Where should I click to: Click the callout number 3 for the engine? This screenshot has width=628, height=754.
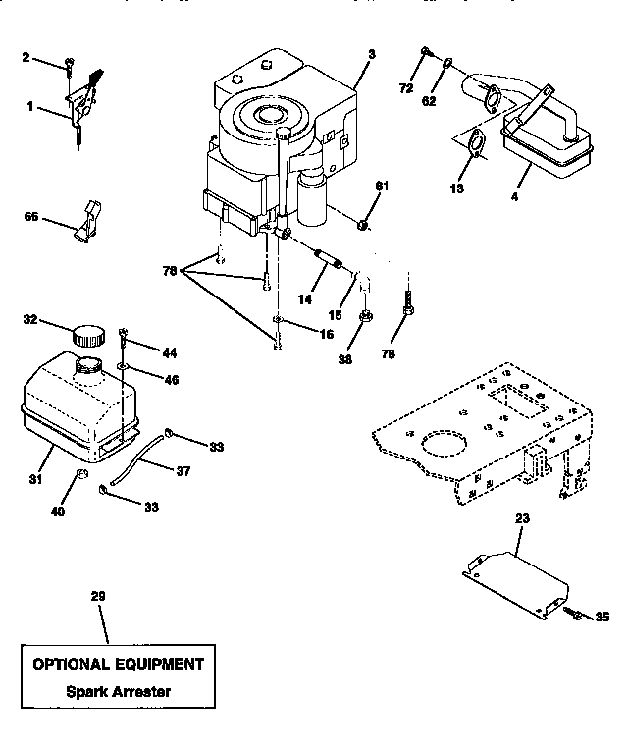tap(371, 51)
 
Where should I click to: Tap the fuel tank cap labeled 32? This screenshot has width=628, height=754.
tap(85, 333)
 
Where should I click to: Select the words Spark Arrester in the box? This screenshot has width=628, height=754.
tap(118, 691)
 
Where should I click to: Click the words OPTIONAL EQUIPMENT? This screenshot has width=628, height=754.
tap(118, 664)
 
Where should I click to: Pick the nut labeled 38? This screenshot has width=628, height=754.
tap(364, 316)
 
